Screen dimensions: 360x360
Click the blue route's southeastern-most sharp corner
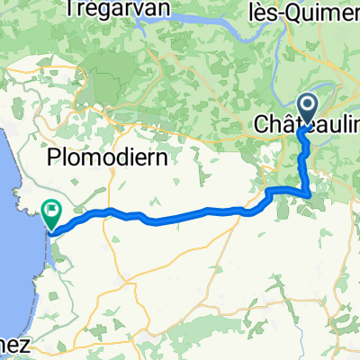click(x=310, y=193)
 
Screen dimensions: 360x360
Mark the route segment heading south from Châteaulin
click(x=302, y=153)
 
